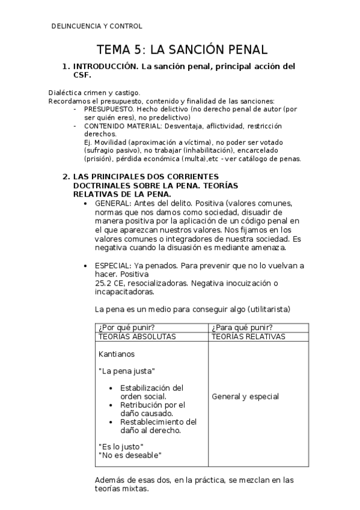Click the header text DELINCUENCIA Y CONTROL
click(x=97, y=26)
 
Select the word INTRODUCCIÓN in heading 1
click(x=104, y=66)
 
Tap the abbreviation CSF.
click(x=82, y=75)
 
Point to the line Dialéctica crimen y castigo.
click(x=94, y=93)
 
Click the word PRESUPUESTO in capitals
click(x=109, y=109)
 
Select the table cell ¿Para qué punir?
click(x=239, y=328)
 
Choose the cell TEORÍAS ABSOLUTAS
click(x=136, y=337)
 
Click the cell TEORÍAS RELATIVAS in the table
click(x=248, y=337)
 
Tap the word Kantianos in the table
click(x=117, y=354)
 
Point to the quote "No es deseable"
click(x=130, y=455)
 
